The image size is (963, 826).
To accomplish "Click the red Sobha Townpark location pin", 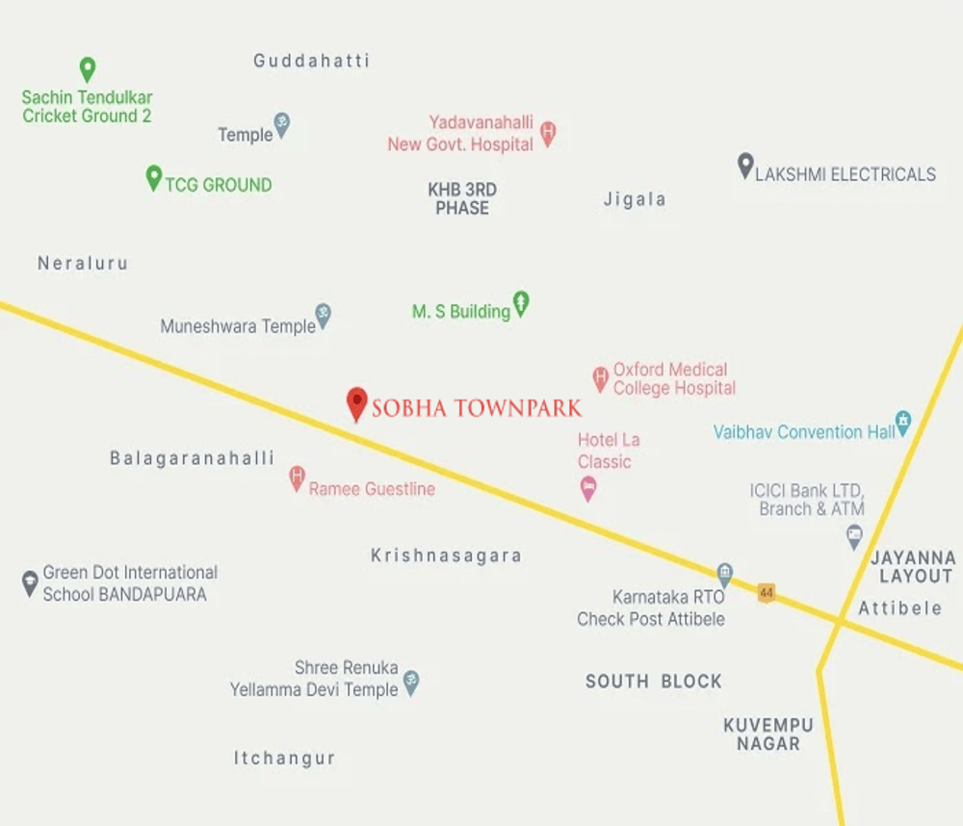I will click(x=356, y=403).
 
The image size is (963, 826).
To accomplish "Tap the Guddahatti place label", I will click(x=311, y=61).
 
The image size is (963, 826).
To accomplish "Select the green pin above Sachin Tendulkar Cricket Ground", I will click(x=87, y=69).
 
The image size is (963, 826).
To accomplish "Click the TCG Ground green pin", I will click(x=153, y=178).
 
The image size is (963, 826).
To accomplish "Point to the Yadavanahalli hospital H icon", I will click(x=548, y=133).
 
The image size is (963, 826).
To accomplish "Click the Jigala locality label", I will click(x=635, y=200).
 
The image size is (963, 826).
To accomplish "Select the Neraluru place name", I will click(x=83, y=263).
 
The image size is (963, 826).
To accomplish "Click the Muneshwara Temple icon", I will click(x=324, y=316).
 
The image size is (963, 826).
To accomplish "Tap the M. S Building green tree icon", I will click(x=521, y=304).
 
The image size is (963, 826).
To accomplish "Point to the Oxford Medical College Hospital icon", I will click(x=600, y=377).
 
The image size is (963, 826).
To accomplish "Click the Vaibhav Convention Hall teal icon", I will click(x=902, y=422).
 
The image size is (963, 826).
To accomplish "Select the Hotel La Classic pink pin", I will click(x=587, y=489).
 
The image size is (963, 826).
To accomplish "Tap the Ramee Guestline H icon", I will click(x=297, y=478).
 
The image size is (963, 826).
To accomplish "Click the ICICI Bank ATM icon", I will click(x=853, y=536).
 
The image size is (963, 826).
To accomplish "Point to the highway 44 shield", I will click(x=767, y=592).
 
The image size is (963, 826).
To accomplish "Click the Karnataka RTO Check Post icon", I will click(x=724, y=575).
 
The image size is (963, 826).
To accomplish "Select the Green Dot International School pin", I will click(x=30, y=581).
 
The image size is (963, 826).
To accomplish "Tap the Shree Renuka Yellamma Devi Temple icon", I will click(x=411, y=683).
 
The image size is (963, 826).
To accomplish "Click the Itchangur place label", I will click(x=284, y=759).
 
